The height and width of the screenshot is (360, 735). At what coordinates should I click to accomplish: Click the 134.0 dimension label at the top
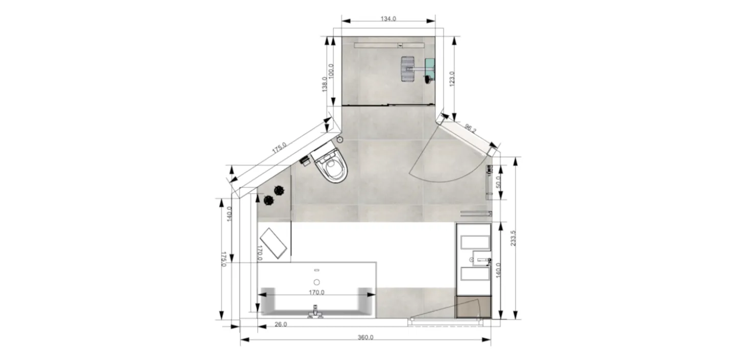pos(388,18)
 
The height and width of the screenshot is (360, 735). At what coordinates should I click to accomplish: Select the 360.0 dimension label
pos(365,337)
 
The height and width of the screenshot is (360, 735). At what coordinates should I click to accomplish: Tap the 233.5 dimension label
pos(513,238)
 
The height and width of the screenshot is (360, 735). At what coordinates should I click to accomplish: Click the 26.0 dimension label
pos(280,324)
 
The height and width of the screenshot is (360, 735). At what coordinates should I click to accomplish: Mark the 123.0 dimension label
pos(452,79)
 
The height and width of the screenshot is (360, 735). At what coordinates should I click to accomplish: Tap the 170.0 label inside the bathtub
pos(316,292)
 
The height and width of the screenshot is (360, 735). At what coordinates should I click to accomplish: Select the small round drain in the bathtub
pos(316,282)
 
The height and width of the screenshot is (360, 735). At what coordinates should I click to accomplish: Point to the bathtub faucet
pos(315,311)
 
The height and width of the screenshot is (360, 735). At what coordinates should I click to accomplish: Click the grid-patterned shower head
pos(407,69)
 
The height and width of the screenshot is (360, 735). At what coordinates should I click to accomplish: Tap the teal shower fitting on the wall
pos(430,65)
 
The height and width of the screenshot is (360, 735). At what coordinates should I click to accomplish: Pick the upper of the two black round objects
pos(279,190)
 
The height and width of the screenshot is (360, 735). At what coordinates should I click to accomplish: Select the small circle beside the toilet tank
pos(339,139)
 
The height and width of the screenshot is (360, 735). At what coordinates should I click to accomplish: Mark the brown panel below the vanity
pos(473,306)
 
